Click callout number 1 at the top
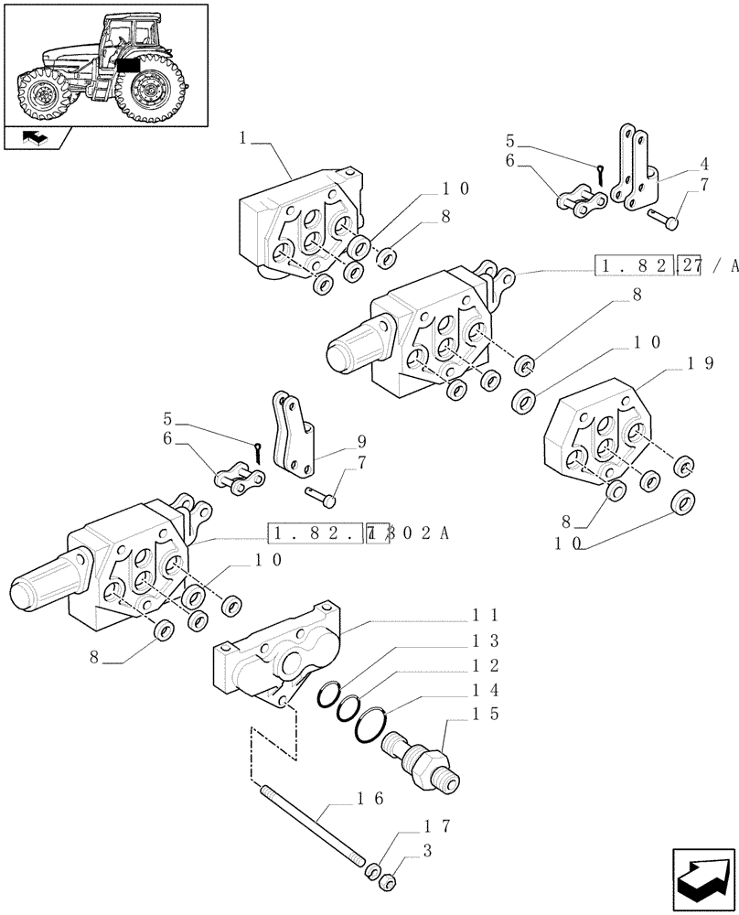[x=242, y=138]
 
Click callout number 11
[x=484, y=616]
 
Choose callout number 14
[x=484, y=693]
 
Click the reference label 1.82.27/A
[x=666, y=266]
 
